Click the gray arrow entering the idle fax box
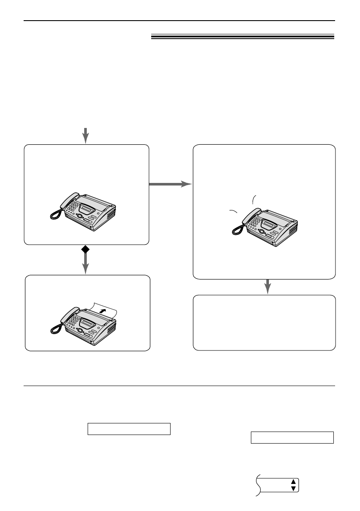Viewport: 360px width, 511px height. click(x=86, y=135)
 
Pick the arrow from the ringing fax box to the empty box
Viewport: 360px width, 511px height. click(x=268, y=286)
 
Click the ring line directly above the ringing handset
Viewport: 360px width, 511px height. click(x=254, y=199)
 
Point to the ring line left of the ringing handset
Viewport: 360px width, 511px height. click(x=233, y=211)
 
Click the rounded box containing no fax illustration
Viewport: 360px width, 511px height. click(x=264, y=322)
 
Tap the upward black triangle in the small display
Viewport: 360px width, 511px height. click(x=293, y=482)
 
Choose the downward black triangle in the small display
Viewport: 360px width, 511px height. click(x=293, y=488)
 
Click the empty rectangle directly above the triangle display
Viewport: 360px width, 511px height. click(x=292, y=437)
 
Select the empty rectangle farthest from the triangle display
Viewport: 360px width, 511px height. click(x=129, y=429)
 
